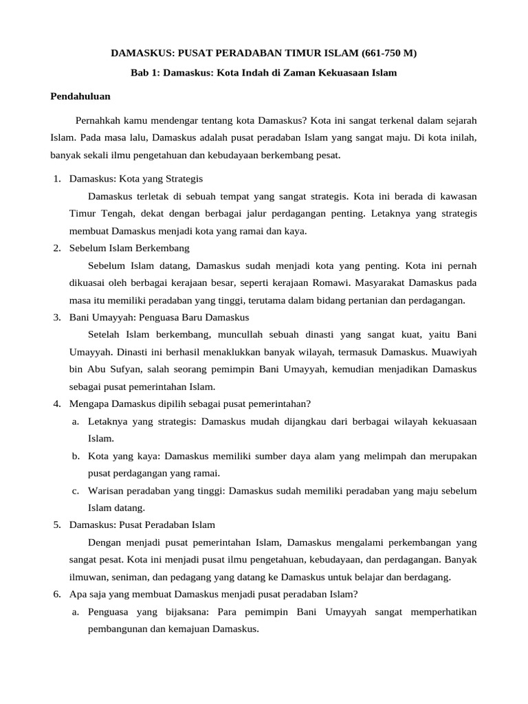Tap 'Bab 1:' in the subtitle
tap(145, 72)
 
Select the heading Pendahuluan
tap(81, 96)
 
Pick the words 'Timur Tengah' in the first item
tap(97, 214)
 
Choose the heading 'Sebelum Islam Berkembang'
tap(129, 248)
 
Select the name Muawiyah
tap(456, 351)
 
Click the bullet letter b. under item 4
tap(76, 456)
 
